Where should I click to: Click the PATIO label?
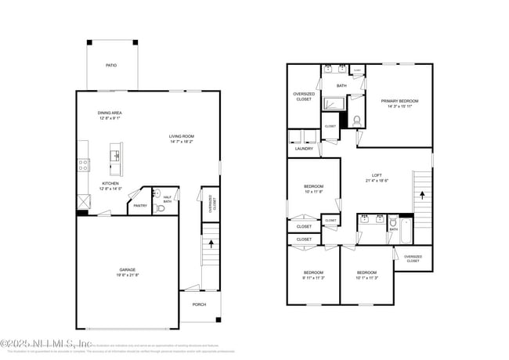click(x=111, y=65)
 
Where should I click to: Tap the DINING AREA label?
click(x=110, y=113)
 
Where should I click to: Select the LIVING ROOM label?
click(x=181, y=138)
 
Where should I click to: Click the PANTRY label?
click(x=140, y=205)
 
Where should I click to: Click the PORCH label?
click(x=199, y=304)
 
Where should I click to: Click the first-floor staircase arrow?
click(x=211, y=244)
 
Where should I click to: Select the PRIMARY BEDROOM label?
click(x=399, y=101)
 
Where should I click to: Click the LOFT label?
click(x=377, y=175)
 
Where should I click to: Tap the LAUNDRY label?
click(x=304, y=148)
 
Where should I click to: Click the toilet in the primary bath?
click(x=356, y=121)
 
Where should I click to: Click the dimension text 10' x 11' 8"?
click(x=313, y=191)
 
